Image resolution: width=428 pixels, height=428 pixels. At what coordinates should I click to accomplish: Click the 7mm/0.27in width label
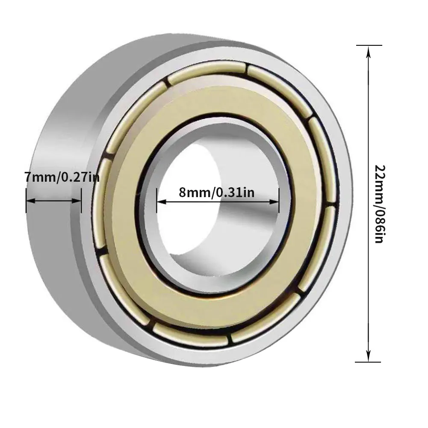[62, 176]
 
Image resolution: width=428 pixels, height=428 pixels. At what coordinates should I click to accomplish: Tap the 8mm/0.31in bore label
[217, 192]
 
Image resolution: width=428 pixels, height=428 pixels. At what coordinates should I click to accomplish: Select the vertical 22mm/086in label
[378, 204]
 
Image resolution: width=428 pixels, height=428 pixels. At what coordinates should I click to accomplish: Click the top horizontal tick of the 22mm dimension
[368, 45]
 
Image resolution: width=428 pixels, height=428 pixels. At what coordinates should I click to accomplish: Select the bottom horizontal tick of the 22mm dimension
[368, 362]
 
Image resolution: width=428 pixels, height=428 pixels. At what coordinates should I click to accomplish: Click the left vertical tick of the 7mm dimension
[27, 201]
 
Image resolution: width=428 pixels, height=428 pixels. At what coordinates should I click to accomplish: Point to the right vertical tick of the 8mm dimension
[279, 201]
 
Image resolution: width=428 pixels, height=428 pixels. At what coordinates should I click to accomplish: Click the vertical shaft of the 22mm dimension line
[368, 257]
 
